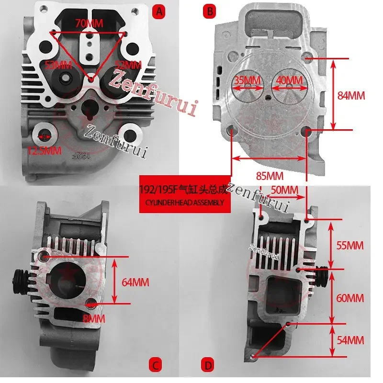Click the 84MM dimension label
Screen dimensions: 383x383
(x=351, y=95)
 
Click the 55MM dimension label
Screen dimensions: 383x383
(x=350, y=246)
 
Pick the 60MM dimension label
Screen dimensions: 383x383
(x=350, y=298)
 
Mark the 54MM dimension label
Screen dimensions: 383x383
(x=350, y=340)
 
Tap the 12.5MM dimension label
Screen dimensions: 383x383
(x=45, y=150)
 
